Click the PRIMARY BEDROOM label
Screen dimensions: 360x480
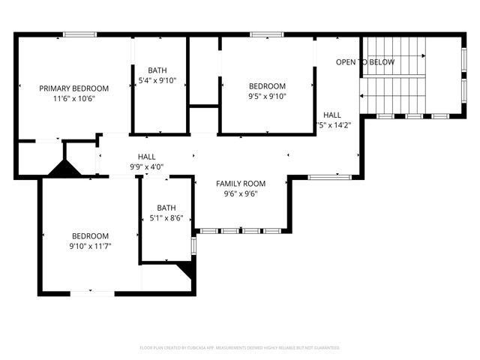[73, 88]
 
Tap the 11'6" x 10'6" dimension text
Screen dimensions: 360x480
[73, 98]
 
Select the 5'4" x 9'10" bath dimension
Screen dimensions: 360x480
[157, 80]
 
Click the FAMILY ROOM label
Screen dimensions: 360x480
[241, 183]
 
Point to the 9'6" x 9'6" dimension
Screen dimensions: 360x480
[241, 193]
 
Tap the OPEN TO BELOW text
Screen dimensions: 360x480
[364, 62]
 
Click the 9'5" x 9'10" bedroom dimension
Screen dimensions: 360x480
[267, 96]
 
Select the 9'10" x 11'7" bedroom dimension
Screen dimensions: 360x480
[90, 246]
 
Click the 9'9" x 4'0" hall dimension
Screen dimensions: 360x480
[146, 167]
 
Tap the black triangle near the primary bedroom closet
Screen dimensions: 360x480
[64, 170]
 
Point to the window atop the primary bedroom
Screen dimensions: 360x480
[79, 34]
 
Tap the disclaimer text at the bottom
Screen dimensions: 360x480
[240, 348]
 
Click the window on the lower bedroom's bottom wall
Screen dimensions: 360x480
[92, 292]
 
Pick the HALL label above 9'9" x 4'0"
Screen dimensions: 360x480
[146, 157]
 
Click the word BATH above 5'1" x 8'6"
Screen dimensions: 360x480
[166, 208]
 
